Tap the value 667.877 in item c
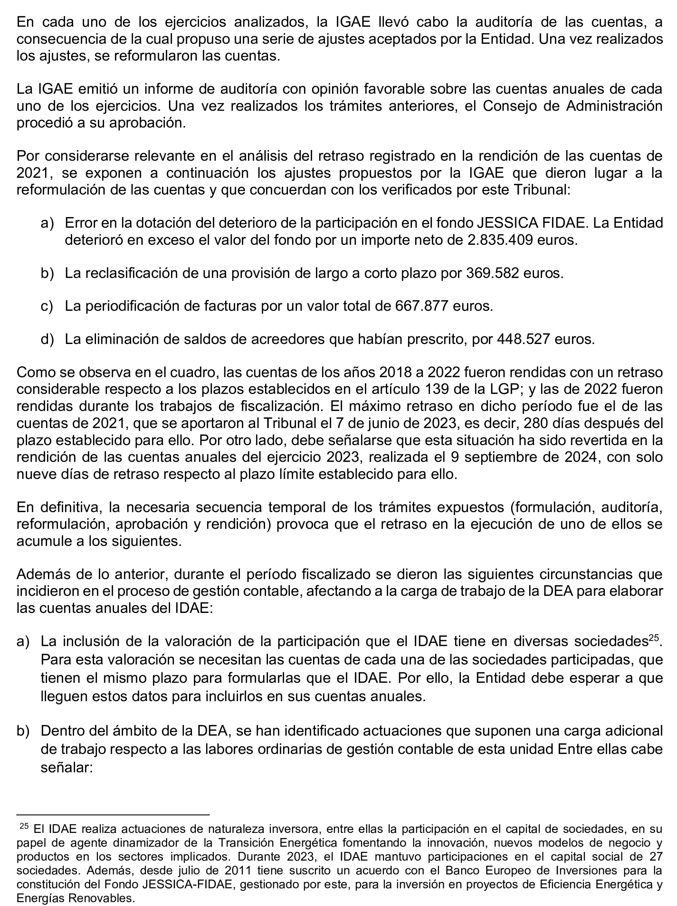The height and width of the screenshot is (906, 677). (x=421, y=306)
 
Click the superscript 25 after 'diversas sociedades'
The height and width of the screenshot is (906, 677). (x=653, y=638)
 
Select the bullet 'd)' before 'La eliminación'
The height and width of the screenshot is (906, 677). (x=47, y=339)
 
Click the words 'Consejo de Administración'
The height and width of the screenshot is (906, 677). (x=572, y=106)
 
